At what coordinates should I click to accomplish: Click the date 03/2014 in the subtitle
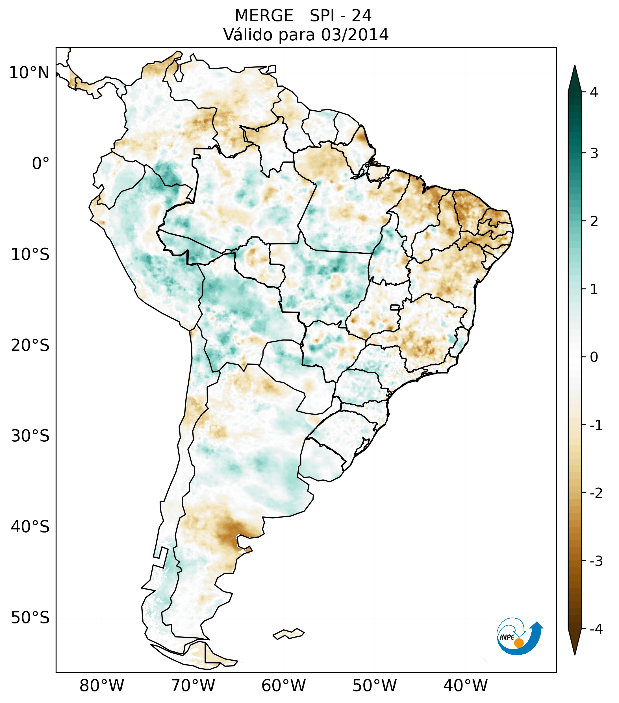pyautogui.click(x=355, y=35)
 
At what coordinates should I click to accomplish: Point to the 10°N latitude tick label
pyautogui.click(x=29, y=73)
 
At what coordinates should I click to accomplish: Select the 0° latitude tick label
pyautogui.click(x=41, y=164)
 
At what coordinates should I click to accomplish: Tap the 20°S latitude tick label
pyautogui.click(x=30, y=345)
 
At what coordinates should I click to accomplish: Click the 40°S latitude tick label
pyautogui.click(x=30, y=527)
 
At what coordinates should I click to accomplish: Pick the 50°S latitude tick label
pyautogui.click(x=30, y=618)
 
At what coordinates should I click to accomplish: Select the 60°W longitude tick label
pyautogui.click(x=283, y=686)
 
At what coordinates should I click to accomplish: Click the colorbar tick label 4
pyautogui.click(x=594, y=92)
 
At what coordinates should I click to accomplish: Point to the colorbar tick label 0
pyautogui.click(x=594, y=357)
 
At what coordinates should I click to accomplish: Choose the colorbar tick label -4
pyautogui.click(x=596, y=629)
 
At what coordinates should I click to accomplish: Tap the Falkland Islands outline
pyautogui.click(x=288, y=634)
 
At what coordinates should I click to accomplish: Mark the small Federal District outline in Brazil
pyautogui.click(x=394, y=307)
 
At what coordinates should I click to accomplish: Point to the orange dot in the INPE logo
pyautogui.click(x=518, y=643)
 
